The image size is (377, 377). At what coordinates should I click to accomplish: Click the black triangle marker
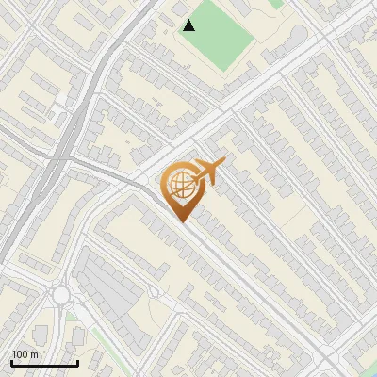189,25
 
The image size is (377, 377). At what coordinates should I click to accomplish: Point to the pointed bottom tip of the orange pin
181,222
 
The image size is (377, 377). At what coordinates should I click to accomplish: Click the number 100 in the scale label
20,354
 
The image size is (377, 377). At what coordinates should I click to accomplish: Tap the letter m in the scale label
34,354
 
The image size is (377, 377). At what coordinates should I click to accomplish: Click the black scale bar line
44,363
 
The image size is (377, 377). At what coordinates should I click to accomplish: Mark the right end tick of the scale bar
77,361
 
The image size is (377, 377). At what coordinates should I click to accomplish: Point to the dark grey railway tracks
47,179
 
